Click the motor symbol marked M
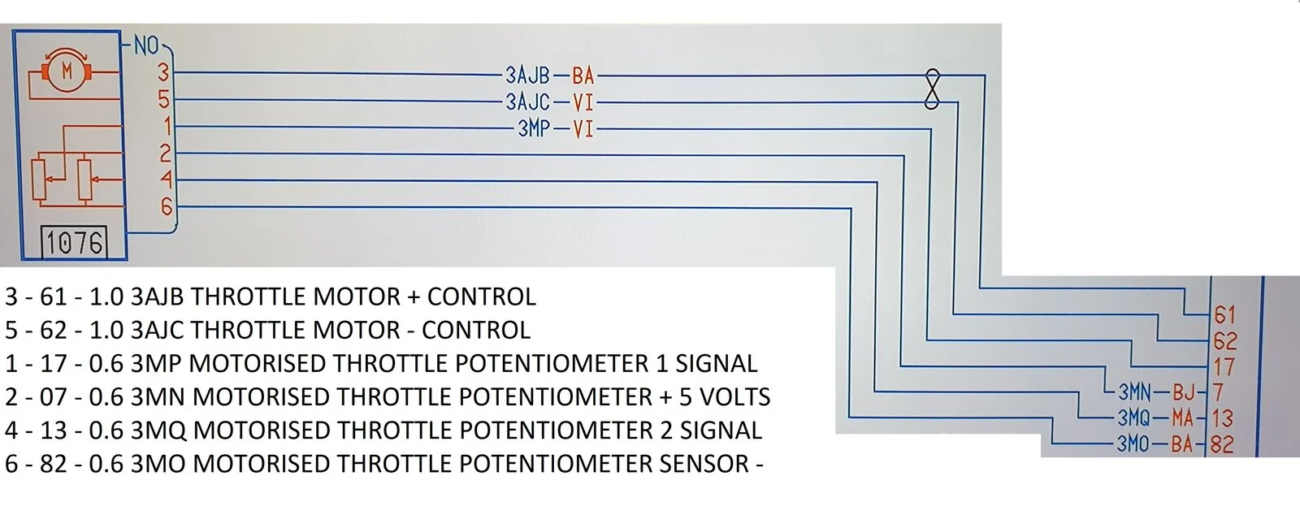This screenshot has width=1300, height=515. coord(67,71)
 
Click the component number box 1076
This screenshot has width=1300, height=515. coord(74,242)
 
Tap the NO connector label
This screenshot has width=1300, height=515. coord(146,45)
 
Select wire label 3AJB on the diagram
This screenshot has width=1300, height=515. coord(527,76)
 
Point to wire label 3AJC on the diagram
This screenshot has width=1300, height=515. coord(527,102)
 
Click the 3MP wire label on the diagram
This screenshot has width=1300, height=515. coord(533,128)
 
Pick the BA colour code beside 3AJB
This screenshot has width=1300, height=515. coord(583,76)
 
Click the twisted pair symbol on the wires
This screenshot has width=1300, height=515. coord(931,89)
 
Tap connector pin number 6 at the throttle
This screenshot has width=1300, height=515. coord(167,206)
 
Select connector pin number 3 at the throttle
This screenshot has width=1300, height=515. coord(163,72)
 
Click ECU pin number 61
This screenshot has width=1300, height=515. coord(1224,315)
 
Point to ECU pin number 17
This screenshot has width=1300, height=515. coord(1224,366)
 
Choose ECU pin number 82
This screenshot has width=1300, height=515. coord(1222,444)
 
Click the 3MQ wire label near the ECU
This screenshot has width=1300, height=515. coord(1134,418)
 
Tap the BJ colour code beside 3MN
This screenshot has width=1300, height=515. coord(1184,392)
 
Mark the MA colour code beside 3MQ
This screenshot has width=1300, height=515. coord(1182,418)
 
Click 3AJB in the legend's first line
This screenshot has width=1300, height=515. coord(157,297)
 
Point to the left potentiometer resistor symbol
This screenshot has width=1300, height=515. coord(40,179)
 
